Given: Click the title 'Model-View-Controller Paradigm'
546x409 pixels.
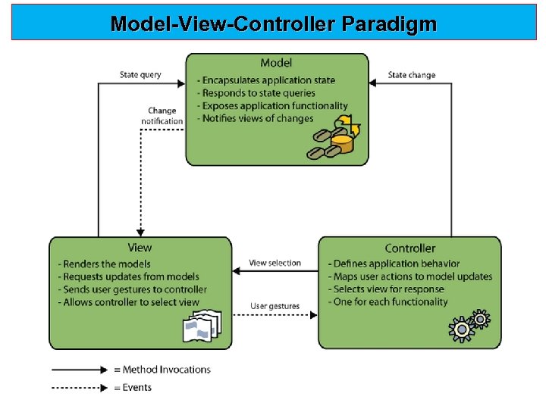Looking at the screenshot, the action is (273, 24).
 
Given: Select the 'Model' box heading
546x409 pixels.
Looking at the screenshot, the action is (276, 63).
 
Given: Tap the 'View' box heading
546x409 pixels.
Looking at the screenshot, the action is (140, 248).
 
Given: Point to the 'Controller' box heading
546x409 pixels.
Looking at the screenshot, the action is (409, 248).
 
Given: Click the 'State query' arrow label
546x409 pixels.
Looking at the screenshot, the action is (140, 75).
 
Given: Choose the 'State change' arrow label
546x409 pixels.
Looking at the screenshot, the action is (412, 75).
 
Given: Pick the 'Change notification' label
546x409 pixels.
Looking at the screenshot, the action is (162, 116).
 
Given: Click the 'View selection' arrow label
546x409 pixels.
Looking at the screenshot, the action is (275, 263).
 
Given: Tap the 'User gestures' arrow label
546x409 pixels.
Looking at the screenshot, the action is (275, 306).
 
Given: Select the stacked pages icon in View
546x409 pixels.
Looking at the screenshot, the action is (202, 326).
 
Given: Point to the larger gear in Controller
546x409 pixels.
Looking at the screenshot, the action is (461, 329).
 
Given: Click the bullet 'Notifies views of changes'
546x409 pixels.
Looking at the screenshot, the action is (256, 118).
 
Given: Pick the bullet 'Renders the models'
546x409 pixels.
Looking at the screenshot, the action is (104, 264).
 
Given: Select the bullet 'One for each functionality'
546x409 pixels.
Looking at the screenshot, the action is (388, 302).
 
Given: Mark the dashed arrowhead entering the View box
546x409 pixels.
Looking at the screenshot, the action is (140, 233).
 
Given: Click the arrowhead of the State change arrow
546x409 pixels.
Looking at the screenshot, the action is (372, 83).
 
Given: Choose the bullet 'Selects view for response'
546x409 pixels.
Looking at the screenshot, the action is (386, 289).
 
